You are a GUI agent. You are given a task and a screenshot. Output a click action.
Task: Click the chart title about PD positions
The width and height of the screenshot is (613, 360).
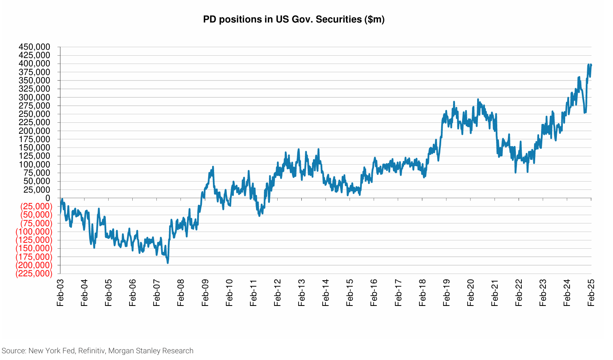(x=293, y=19)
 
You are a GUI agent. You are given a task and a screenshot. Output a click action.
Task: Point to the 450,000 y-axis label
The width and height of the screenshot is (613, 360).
(x=34, y=47)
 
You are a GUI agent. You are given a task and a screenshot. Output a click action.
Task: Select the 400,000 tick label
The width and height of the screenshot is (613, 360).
(x=34, y=64)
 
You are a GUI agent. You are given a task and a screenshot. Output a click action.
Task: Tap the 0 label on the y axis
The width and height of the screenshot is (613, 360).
(x=48, y=198)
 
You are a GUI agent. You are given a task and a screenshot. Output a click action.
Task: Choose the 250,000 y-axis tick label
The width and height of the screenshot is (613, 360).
(x=34, y=114)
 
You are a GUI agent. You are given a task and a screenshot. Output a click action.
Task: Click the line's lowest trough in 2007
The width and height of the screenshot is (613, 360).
(x=168, y=263)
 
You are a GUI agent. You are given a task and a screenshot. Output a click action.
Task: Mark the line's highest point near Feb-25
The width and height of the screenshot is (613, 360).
(x=589, y=64)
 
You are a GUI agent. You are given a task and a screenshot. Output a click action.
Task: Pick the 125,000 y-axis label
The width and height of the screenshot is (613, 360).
(x=34, y=156)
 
